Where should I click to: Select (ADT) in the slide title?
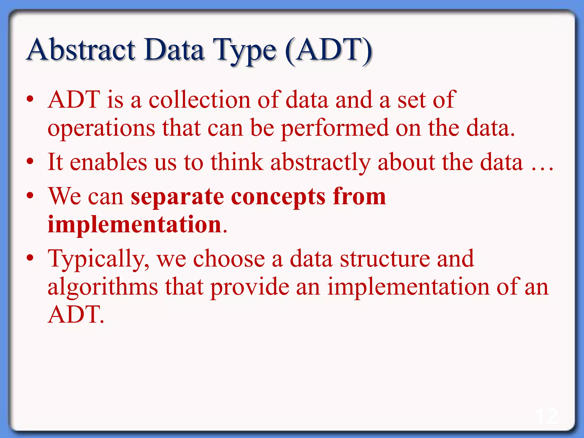point(329,51)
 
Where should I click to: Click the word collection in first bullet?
point(199,100)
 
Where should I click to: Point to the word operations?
point(101,129)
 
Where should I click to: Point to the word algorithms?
point(103,287)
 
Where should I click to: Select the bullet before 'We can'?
point(30,196)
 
